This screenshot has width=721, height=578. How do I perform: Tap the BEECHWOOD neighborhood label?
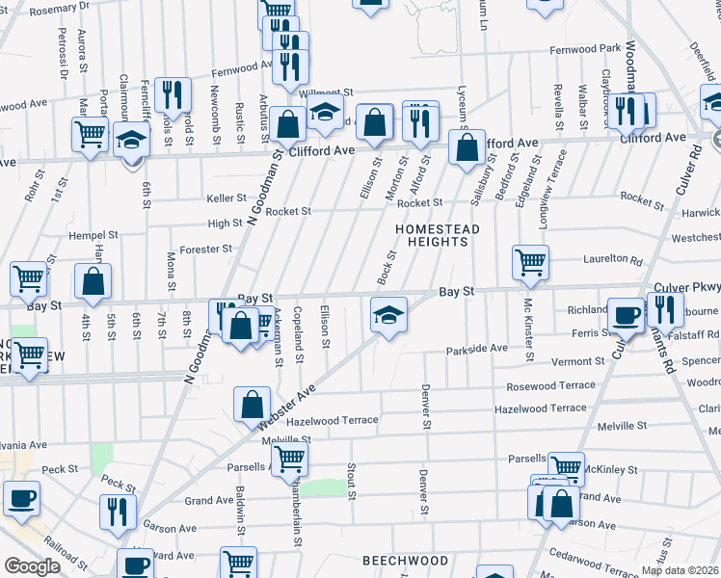(x=405, y=560)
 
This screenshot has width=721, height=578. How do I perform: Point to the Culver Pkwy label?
(x=686, y=287)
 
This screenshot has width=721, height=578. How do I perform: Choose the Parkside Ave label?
(x=476, y=349)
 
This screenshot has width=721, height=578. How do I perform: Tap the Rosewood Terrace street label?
(x=546, y=385)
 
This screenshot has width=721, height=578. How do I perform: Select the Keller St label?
(x=227, y=198)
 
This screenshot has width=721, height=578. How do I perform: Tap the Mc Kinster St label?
(x=528, y=329)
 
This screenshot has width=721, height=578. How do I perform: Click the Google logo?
(x=33, y=566)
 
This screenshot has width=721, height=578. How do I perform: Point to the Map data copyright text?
(x=680, y=570)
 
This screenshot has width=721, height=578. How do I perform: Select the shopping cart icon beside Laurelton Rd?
(x=530, y=261)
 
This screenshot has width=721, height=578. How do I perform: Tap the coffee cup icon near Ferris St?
(x=626, y=315)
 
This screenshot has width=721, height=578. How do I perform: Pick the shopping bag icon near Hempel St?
(x=93, y=282)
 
